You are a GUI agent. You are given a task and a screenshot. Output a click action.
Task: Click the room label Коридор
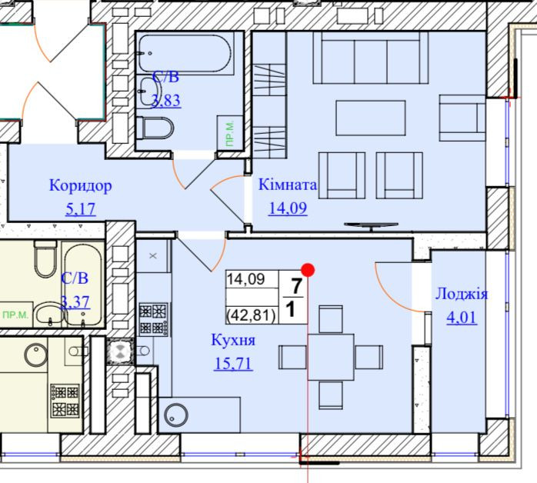tap(81, 185)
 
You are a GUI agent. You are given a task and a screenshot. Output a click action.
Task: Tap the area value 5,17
tap(81, 208)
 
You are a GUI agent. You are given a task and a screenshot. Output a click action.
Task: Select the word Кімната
tap(288, 185)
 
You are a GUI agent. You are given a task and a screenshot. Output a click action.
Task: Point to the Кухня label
tap(233, 340)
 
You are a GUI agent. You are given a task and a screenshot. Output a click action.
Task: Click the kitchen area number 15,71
tap(233, 363)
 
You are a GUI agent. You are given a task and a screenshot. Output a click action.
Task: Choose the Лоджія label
tap(462, 294)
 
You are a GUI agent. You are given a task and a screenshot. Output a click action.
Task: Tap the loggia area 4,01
tap(462, 317)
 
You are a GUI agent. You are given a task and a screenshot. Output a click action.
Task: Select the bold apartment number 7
tap(296, 286)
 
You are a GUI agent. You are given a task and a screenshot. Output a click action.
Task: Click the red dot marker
tap(308, 270)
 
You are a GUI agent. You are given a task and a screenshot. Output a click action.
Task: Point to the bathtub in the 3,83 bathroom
tap(185, 53)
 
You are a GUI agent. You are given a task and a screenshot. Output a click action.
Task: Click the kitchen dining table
tap(331, 358)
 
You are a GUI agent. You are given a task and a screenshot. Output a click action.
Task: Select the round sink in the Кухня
tap(176, 415)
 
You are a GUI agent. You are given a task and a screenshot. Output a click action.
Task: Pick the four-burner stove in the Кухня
tap(153, 319)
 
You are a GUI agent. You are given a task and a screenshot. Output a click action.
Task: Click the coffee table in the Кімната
tap(371, 118)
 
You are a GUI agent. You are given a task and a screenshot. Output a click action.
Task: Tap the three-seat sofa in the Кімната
tap(371, 58)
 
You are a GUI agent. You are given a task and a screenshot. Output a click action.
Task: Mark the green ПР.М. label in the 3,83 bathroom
tap(230, 133)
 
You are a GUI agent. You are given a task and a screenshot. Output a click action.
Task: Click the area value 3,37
tap(75, 302)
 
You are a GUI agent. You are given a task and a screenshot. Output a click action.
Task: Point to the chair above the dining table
tap(331, 319)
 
